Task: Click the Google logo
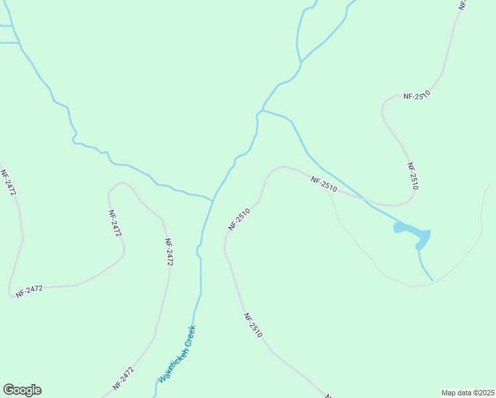22,390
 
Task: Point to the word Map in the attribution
450,392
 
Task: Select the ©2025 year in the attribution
483,392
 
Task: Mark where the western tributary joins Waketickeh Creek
213,200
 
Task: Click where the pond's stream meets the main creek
261,110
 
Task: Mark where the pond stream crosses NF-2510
364,199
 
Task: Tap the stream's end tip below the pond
432,280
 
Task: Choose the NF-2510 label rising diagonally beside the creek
239,219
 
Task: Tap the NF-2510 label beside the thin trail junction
324,183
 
